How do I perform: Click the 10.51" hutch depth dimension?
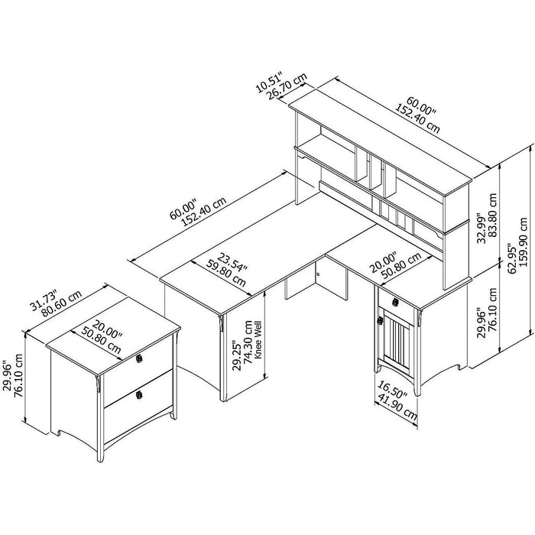(x=269, y=82)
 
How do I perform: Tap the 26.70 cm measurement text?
(x=287, y=86)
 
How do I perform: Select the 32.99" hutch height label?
(x=481, y=229)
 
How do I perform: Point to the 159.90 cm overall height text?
(x=524, y=238)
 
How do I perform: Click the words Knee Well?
(x=258, y=339)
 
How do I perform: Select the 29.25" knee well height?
(x=237, y=355)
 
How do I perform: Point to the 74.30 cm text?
(x=248, y=342)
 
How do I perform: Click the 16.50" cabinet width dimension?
(x=392, y=390)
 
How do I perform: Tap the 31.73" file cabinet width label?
(x=44, y=300)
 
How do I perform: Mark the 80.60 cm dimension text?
(x=61, y=303)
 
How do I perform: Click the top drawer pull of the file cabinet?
(x=138, y=358)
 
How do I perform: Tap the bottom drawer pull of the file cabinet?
(x=139, y=395)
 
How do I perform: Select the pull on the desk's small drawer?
(x=395, y=302)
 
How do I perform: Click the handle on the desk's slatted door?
(x=379, y=320)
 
